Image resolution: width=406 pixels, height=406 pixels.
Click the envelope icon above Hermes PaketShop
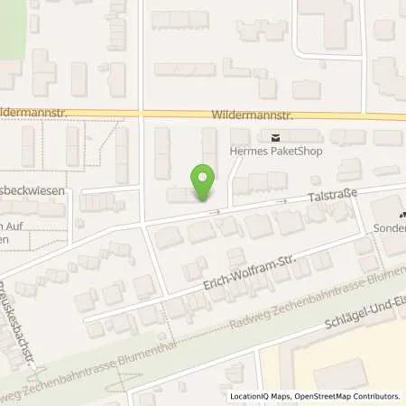(x=273, y=137)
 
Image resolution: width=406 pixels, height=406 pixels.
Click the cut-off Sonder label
(x=390, y=229)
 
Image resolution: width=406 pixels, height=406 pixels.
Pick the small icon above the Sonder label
(x=402, y=215)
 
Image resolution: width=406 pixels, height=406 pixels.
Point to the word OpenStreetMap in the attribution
(x=321, y=395)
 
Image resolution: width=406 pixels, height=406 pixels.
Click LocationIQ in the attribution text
(x=250, y=395)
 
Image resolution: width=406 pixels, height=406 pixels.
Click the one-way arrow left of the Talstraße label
(x=281, y=201)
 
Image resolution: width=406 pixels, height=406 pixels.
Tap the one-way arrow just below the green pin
(x=215, y=213)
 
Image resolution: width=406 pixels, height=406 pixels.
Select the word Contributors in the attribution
(x=376, y=395)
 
